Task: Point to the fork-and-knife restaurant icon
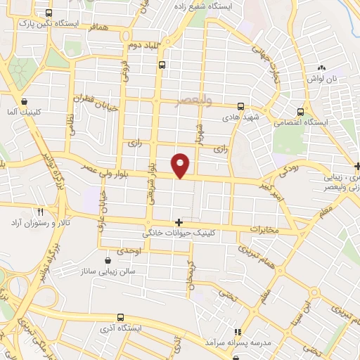41,212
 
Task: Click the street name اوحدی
129,251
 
